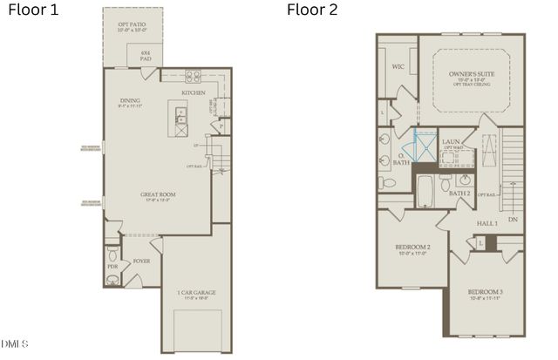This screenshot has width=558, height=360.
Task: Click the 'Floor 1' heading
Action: click(x=33, y=10)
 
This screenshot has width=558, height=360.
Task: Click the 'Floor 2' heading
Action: click(x=311, y=10)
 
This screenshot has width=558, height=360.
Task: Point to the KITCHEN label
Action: click(x=194, y=92)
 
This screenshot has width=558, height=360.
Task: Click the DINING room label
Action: click(x=130, y=101)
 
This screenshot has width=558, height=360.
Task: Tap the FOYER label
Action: click(x=141, y=261)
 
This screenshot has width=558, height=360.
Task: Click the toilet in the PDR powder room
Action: click(x=112, y=279)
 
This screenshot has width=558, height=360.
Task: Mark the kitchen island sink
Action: click(x=181, y=112)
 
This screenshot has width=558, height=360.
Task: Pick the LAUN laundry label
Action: click(x=451, y=141)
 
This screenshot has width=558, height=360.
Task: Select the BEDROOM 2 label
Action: click(x=414, y=248)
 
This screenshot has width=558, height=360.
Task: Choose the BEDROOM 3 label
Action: click(x=485, y=291)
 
